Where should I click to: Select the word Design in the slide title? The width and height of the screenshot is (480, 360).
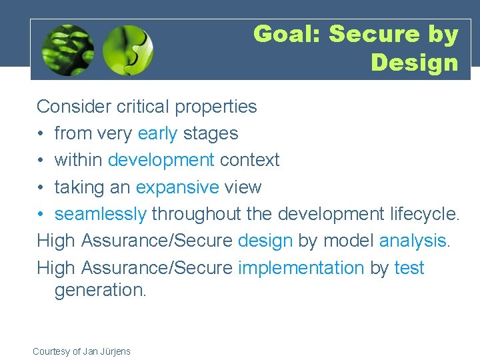pos(415,63)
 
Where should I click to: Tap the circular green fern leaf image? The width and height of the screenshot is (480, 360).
pos(67,50)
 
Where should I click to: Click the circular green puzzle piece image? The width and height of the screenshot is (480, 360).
pos(128,50)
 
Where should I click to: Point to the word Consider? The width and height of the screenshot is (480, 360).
pos(73,107)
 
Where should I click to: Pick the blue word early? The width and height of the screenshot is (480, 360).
pos(157,133)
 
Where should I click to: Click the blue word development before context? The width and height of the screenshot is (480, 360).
pos(161,160)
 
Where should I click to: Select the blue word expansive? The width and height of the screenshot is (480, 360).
pos(177,187)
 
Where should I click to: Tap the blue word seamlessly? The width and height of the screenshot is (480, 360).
pos(100,214)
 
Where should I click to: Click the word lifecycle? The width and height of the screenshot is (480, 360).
pos(424,214)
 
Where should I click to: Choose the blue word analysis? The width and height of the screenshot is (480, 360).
pos(414,241)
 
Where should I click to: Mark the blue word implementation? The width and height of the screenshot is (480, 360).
pos(301,268)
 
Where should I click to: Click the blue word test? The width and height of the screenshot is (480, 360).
pos(409,268)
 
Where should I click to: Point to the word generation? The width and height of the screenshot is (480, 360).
pos(99,290)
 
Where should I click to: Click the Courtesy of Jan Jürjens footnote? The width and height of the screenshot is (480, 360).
pos(81,351)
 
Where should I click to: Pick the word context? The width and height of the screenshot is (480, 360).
pos(249,160)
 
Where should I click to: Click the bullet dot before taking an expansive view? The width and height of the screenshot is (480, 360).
pos(41,187)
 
